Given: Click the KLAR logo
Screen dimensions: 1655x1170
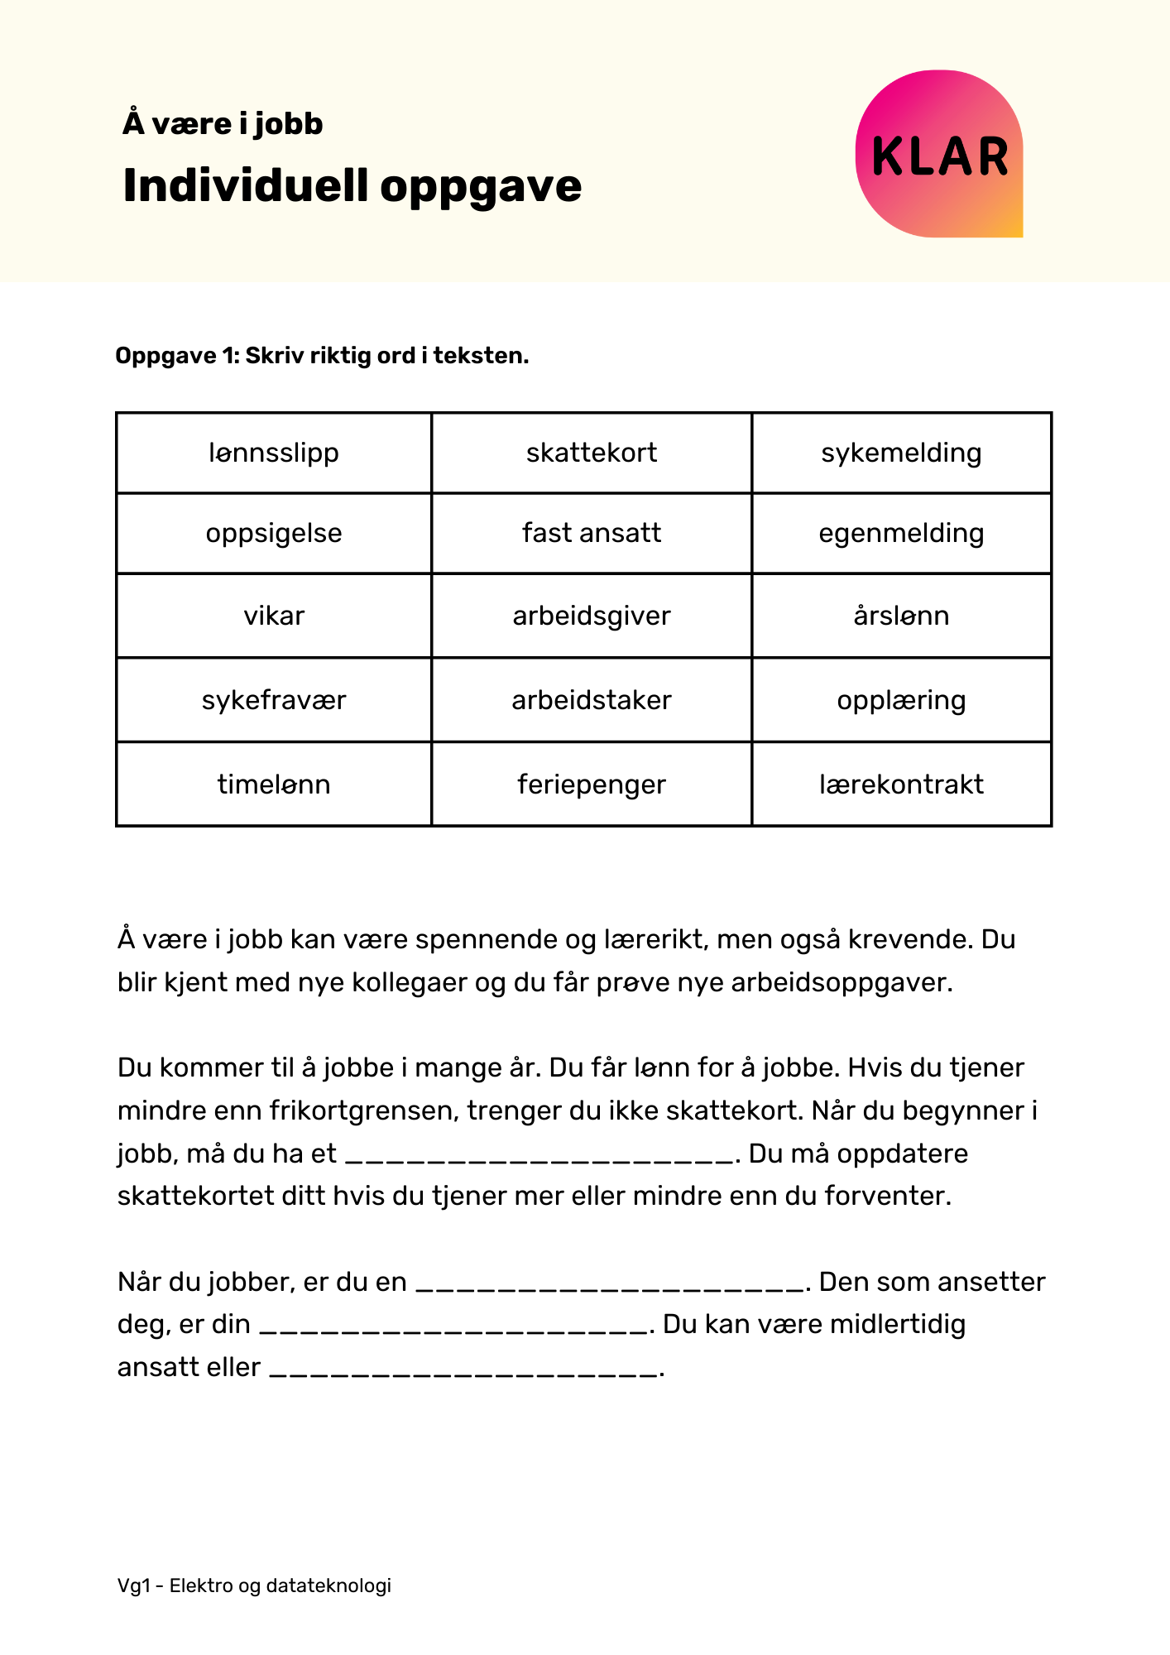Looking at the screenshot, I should (x=939, y=155).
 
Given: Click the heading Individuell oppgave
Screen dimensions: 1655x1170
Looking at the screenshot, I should (x=352, y=185).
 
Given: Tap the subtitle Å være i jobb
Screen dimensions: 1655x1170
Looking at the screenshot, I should (x=223, y=124).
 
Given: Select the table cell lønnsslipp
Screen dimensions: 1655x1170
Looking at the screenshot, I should (x=274, y=453).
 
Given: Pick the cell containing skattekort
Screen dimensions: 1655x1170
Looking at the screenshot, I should (x=592, y=453).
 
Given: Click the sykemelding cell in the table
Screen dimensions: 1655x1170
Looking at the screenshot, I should (x=901, y=453).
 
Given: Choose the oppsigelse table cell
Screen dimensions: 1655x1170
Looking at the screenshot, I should (x=274, y=533).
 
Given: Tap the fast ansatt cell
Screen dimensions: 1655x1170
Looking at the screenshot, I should (x=592, y=533).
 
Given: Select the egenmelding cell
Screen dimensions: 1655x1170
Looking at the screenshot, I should (x=901, y=533).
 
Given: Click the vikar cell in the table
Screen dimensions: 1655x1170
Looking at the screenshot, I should (x=274, y=616).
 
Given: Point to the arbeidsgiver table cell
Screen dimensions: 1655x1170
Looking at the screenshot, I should (x=592, y=616).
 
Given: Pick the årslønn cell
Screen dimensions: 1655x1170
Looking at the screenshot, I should (x=901, y=616).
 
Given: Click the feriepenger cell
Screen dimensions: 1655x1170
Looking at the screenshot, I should (x=592, y=784).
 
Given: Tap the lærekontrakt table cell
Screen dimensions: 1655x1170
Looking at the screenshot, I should (x=901, y=784).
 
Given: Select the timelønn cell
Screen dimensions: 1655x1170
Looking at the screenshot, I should (x=274, y=784).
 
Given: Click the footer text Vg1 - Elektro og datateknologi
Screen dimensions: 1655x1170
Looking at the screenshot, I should (x=254, y=1585).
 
